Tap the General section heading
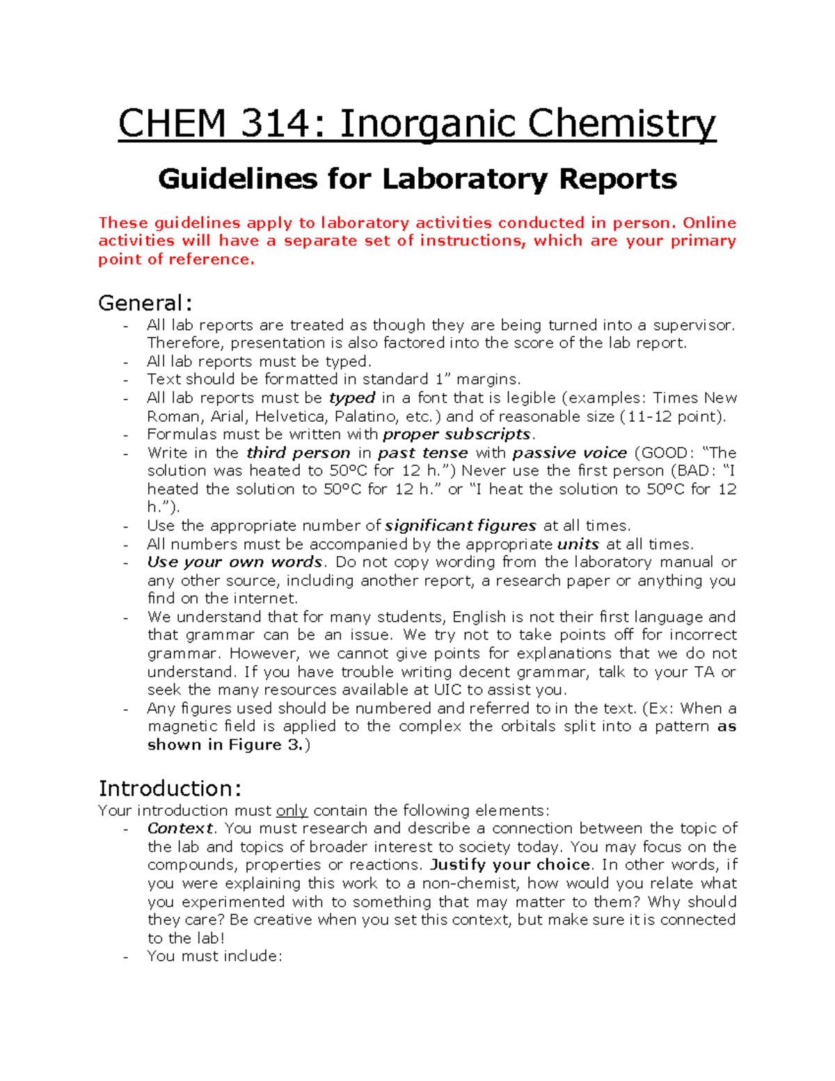[145, 303]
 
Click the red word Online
[709, 223]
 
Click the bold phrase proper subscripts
[457, 434]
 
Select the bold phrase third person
[299, 452]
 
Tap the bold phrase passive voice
[569, 452]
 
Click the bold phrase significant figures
[460, 526]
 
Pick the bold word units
[578, 544]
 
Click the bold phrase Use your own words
[235, 562]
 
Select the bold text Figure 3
[269, 745]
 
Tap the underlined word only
[292, 810]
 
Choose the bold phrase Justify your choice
[510, 865]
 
